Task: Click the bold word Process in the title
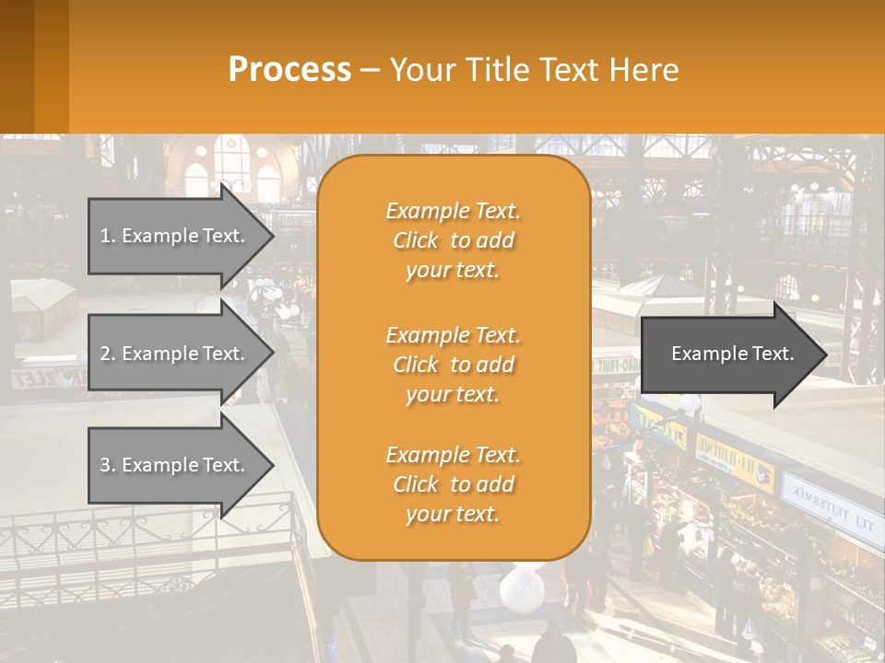[x=289, y=69]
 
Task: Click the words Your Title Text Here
[x=534, y=69]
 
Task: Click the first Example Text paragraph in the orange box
[x=453, y=240]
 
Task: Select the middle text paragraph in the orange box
[x=453, y=364]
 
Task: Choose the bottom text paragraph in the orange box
[x=453, y=484]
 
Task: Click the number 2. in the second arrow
[x=108, y=354]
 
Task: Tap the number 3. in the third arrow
[x=108, y=465]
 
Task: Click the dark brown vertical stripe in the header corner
[x=17, y=66]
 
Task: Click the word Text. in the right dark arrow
[x=773, y=354]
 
